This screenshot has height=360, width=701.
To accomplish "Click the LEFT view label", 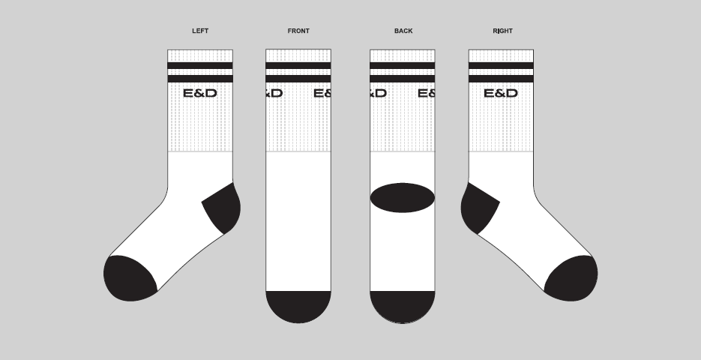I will tap(200, 31).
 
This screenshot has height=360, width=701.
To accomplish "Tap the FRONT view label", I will tap(298, 31).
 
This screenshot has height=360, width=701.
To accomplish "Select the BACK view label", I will tap(403, 31).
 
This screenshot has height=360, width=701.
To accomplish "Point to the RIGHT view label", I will tap(502, 31).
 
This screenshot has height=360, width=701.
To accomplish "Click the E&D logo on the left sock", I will tap(200, 94).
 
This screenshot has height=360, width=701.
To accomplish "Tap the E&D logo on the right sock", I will tap(501, 94).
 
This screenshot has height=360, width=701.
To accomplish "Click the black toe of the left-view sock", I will tap(129, 278).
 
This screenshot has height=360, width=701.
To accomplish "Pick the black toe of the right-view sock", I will tap(571, 278).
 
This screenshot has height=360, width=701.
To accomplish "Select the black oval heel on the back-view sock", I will tap(403, 197).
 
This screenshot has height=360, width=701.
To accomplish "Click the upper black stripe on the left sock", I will tap(200, 65).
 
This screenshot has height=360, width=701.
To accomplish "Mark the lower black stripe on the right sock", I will tap(501, 79).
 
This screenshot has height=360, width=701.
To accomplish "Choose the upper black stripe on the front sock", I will tap(298, 65).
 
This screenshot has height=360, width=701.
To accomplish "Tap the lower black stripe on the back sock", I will tap(403, 79).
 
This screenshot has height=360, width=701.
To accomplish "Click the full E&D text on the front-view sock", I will tap(322, 94).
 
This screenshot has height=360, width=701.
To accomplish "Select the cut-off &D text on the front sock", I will tap(274, 94).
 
